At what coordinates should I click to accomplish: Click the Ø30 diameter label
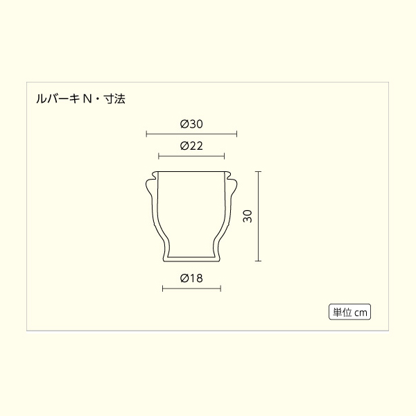(x=191, y=124)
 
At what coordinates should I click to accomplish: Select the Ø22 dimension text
(x=191, y=146)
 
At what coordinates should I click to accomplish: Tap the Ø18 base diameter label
(x=191, y=278)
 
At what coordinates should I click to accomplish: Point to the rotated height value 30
(x=248, y=216)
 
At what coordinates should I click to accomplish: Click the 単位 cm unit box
(x=349, y=312)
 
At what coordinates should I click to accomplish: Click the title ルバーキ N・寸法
(x=80, y=98)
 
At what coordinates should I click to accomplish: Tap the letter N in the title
(x=87, y=99)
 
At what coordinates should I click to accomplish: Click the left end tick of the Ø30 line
(x=146, y=134)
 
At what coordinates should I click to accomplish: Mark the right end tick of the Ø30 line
(x=236, y=134)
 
